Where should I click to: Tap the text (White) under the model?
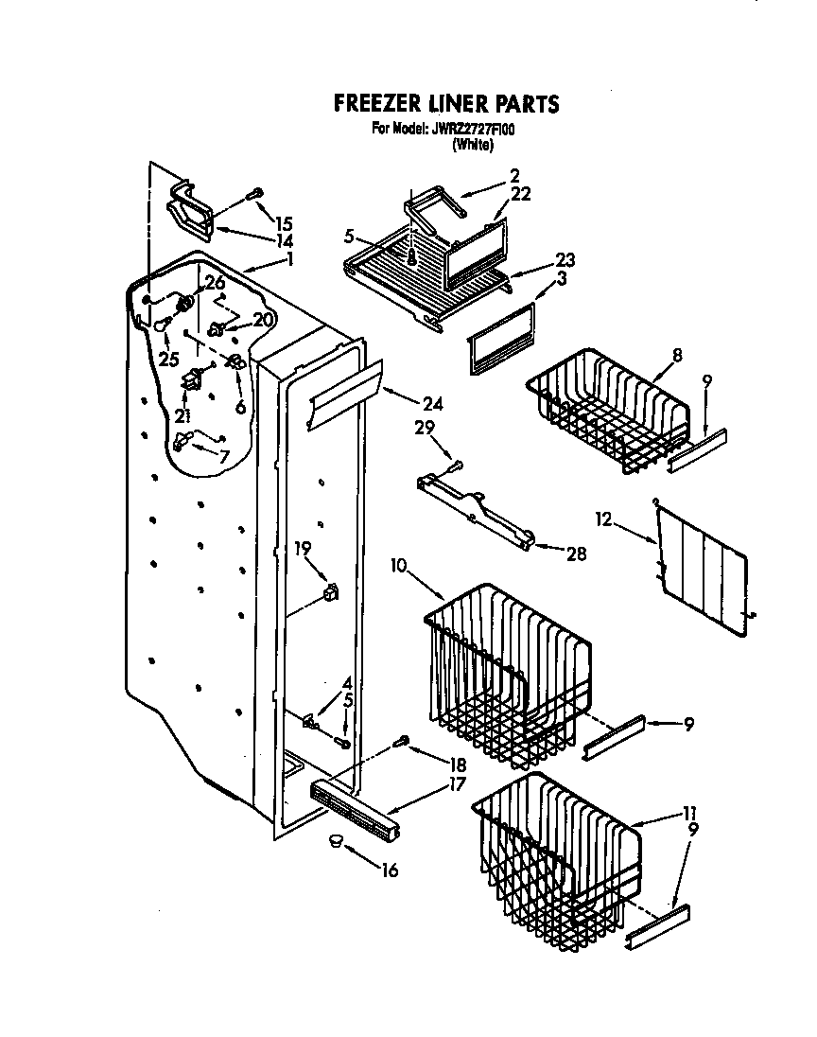473,145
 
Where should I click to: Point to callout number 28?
575,554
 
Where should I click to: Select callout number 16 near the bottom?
390,870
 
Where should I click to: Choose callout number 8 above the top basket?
678,357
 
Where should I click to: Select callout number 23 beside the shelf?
565,259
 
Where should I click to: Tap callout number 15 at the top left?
284,224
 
